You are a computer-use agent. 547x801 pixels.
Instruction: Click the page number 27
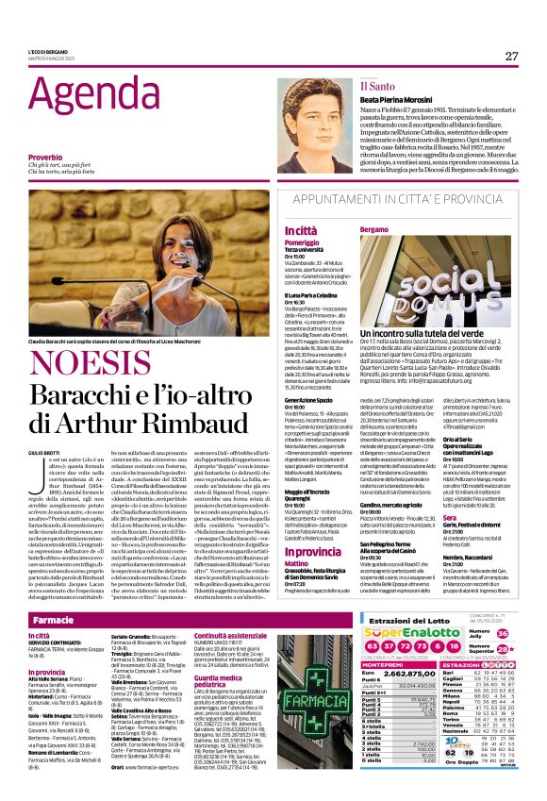click(x=511, y=56)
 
